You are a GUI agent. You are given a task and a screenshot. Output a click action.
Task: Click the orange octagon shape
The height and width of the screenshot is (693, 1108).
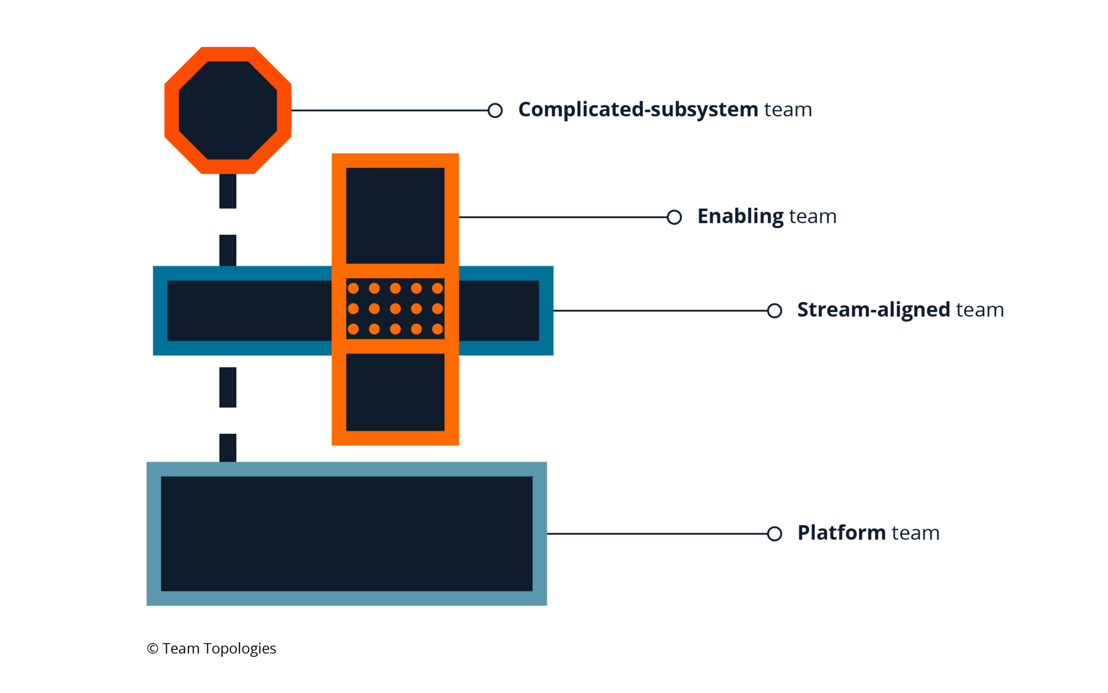tap(228, 110)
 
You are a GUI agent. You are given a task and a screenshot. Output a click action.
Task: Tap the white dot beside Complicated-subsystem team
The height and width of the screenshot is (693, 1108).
tap(494, 110)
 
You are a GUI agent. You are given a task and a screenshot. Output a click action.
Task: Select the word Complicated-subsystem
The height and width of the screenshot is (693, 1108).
tap(638, 110)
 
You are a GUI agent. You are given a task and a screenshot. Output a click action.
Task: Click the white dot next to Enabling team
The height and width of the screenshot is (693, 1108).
tap(674, 217)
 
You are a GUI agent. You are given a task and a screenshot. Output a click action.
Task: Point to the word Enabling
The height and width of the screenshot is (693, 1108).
tap(741, 216)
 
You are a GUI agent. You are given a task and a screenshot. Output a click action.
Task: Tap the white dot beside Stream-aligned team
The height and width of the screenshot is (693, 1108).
tap(775, 311)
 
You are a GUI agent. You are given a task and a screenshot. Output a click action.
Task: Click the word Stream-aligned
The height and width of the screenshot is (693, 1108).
tap(873, 310)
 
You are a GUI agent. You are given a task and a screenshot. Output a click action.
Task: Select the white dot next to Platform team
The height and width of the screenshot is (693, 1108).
tap(775, 533)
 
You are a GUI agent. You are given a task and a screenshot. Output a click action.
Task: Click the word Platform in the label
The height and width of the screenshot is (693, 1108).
tap(841, 533)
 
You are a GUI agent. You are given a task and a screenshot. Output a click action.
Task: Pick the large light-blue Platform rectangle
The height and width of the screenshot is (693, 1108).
tap(346, 533)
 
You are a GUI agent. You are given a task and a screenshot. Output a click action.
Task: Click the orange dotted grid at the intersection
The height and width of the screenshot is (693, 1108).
tap(395, 309)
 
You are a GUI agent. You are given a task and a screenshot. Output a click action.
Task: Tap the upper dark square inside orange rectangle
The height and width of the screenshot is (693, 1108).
tap(395, 215)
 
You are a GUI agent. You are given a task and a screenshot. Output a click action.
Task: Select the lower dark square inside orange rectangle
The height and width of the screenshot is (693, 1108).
tap(395, 392)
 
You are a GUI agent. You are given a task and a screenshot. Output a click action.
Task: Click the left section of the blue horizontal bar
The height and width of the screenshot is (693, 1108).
tap(249, 311)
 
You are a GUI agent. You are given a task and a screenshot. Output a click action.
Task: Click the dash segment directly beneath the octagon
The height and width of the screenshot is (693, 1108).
tap(228, 191)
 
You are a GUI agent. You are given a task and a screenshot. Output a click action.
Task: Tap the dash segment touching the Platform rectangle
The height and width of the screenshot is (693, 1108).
tap(228, 447)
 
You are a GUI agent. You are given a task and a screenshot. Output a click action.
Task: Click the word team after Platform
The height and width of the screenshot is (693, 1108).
tap(915, 533)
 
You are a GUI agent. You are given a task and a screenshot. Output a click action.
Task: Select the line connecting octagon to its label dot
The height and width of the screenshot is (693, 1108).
tap(390, 110)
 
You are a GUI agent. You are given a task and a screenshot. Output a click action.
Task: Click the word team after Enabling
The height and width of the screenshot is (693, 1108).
tap(813, 216)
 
